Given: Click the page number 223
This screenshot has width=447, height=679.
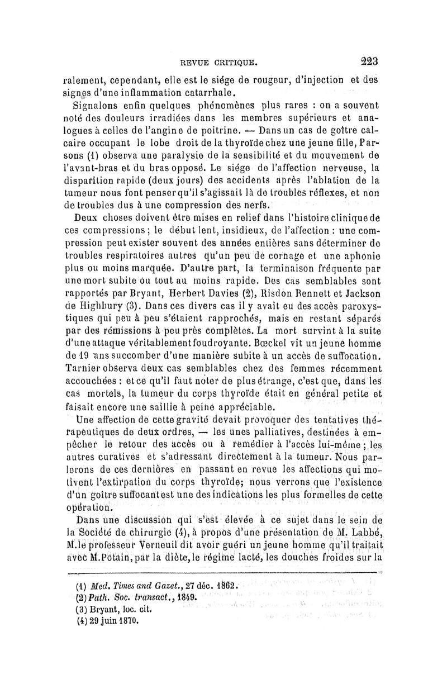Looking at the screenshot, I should (x=369, y=60).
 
